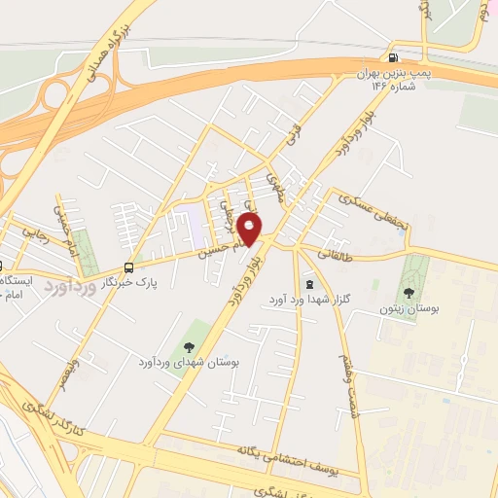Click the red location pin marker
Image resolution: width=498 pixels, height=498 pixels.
click(x=250, y=230)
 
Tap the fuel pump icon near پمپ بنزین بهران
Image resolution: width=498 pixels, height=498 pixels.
click(x=391, y=56)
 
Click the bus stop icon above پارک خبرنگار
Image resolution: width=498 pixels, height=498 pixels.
click(x=129, y=268)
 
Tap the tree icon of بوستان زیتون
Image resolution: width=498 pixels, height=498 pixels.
click(x=409, y=290)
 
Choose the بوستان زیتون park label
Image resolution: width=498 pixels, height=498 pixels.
click(x=409, y=306)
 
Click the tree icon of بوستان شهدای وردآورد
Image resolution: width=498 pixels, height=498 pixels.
click(x=189, y=346)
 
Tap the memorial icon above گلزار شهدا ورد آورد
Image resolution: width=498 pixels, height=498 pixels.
click(x=308, y=285)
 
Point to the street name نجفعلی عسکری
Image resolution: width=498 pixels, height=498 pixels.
click(x=362, y=212)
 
